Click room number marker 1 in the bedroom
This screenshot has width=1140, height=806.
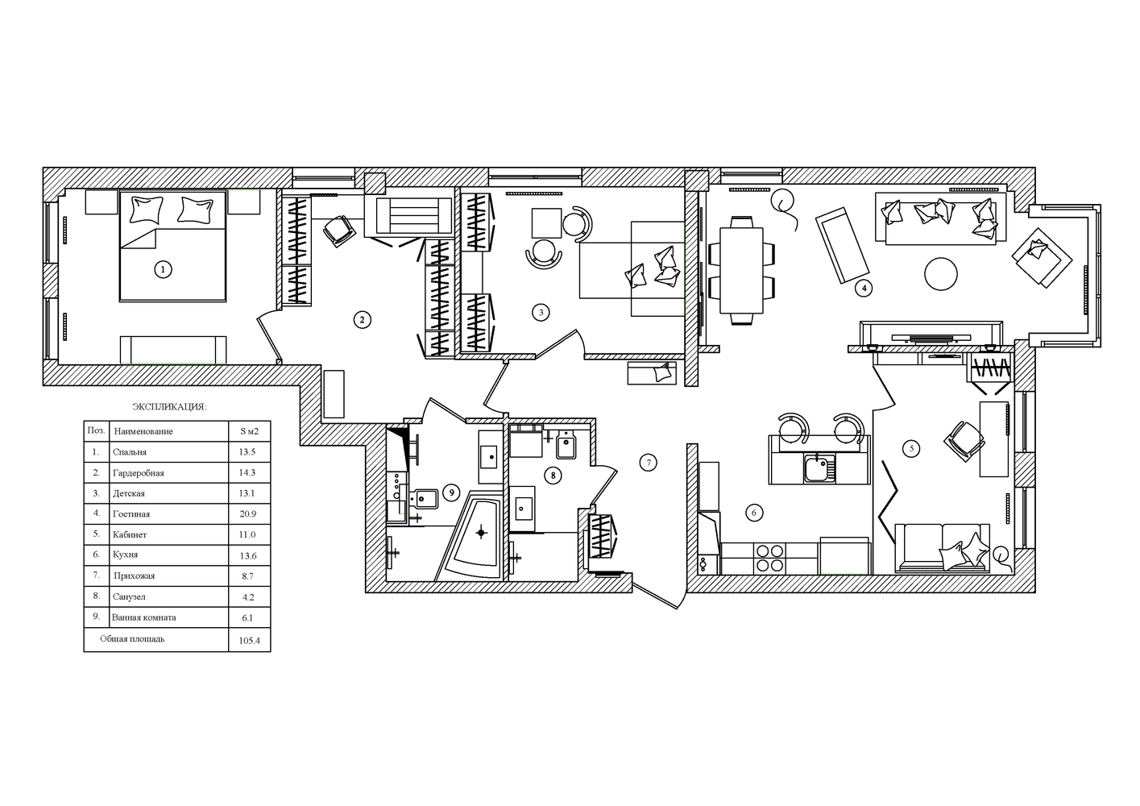(163, 269)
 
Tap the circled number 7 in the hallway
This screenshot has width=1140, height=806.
(649, 463)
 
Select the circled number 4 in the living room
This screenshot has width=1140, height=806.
(864, 289)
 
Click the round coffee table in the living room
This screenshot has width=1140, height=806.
(940, 274)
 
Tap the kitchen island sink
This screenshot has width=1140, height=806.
(819, 468)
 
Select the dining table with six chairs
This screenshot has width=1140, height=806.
(741, 270)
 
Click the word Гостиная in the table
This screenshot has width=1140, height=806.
(131, 514)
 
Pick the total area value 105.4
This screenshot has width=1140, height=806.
(250, 641)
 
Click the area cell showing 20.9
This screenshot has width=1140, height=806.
(248, 514)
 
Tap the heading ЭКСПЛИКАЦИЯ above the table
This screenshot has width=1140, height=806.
(169, 407)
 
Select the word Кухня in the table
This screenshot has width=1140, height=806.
(125, 555)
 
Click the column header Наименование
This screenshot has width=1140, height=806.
(143, 431)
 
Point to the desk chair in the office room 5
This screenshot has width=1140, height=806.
(964, 441)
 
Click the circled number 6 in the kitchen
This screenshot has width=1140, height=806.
(754, 513)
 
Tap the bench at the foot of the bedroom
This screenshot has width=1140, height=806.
(173, 349)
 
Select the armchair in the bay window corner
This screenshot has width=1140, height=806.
(1042, 257)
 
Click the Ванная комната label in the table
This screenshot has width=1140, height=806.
(144, 617)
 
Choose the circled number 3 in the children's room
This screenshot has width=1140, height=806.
(541, 313)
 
